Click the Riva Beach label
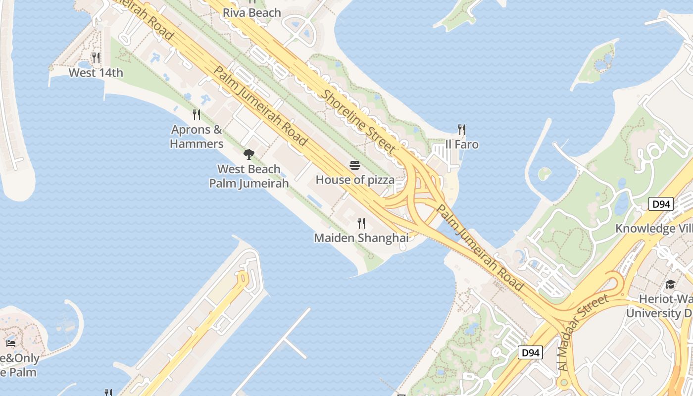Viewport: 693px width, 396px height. pos(252,13)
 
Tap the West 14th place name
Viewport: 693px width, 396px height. pos(96,73)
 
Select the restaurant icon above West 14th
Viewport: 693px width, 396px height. pos(96,58)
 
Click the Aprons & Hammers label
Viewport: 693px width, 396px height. pos(197,137)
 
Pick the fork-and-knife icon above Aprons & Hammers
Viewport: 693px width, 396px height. pos(197,115)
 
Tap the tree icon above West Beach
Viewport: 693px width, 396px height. pos(249,154)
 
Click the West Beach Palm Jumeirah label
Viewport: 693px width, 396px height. pos(248,176)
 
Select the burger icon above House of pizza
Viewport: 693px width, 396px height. pos(355,165)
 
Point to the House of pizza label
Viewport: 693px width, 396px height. pos(355,180)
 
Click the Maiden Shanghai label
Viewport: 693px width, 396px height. pos(361,238)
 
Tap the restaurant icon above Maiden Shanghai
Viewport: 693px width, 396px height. pos(361,223)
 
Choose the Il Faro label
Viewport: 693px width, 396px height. pos(462,145)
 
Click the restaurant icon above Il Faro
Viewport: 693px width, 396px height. pos(462,130)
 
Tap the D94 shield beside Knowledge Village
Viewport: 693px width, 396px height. pos(661,203)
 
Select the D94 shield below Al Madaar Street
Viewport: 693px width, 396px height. pos(530,353)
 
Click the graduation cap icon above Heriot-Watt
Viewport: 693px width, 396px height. pos(670,284)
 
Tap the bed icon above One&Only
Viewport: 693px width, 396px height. pos(11,343)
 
